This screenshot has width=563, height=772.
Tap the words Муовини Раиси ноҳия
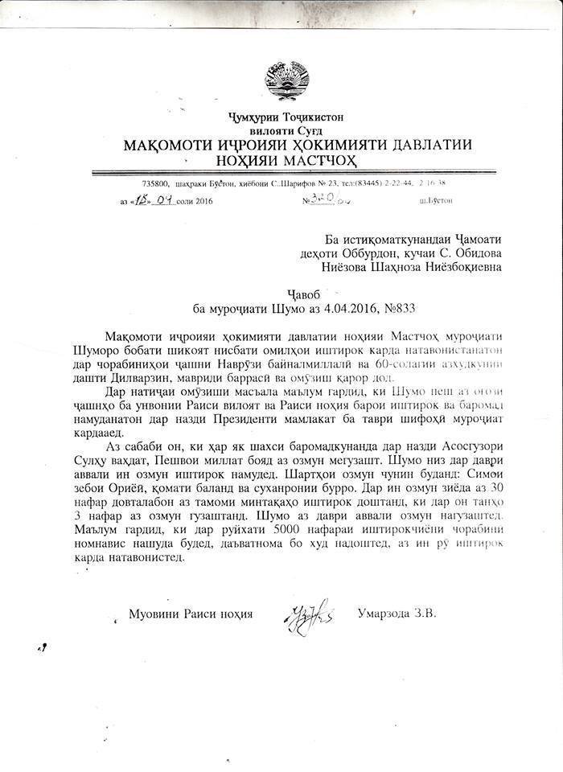[x=191, y=614]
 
